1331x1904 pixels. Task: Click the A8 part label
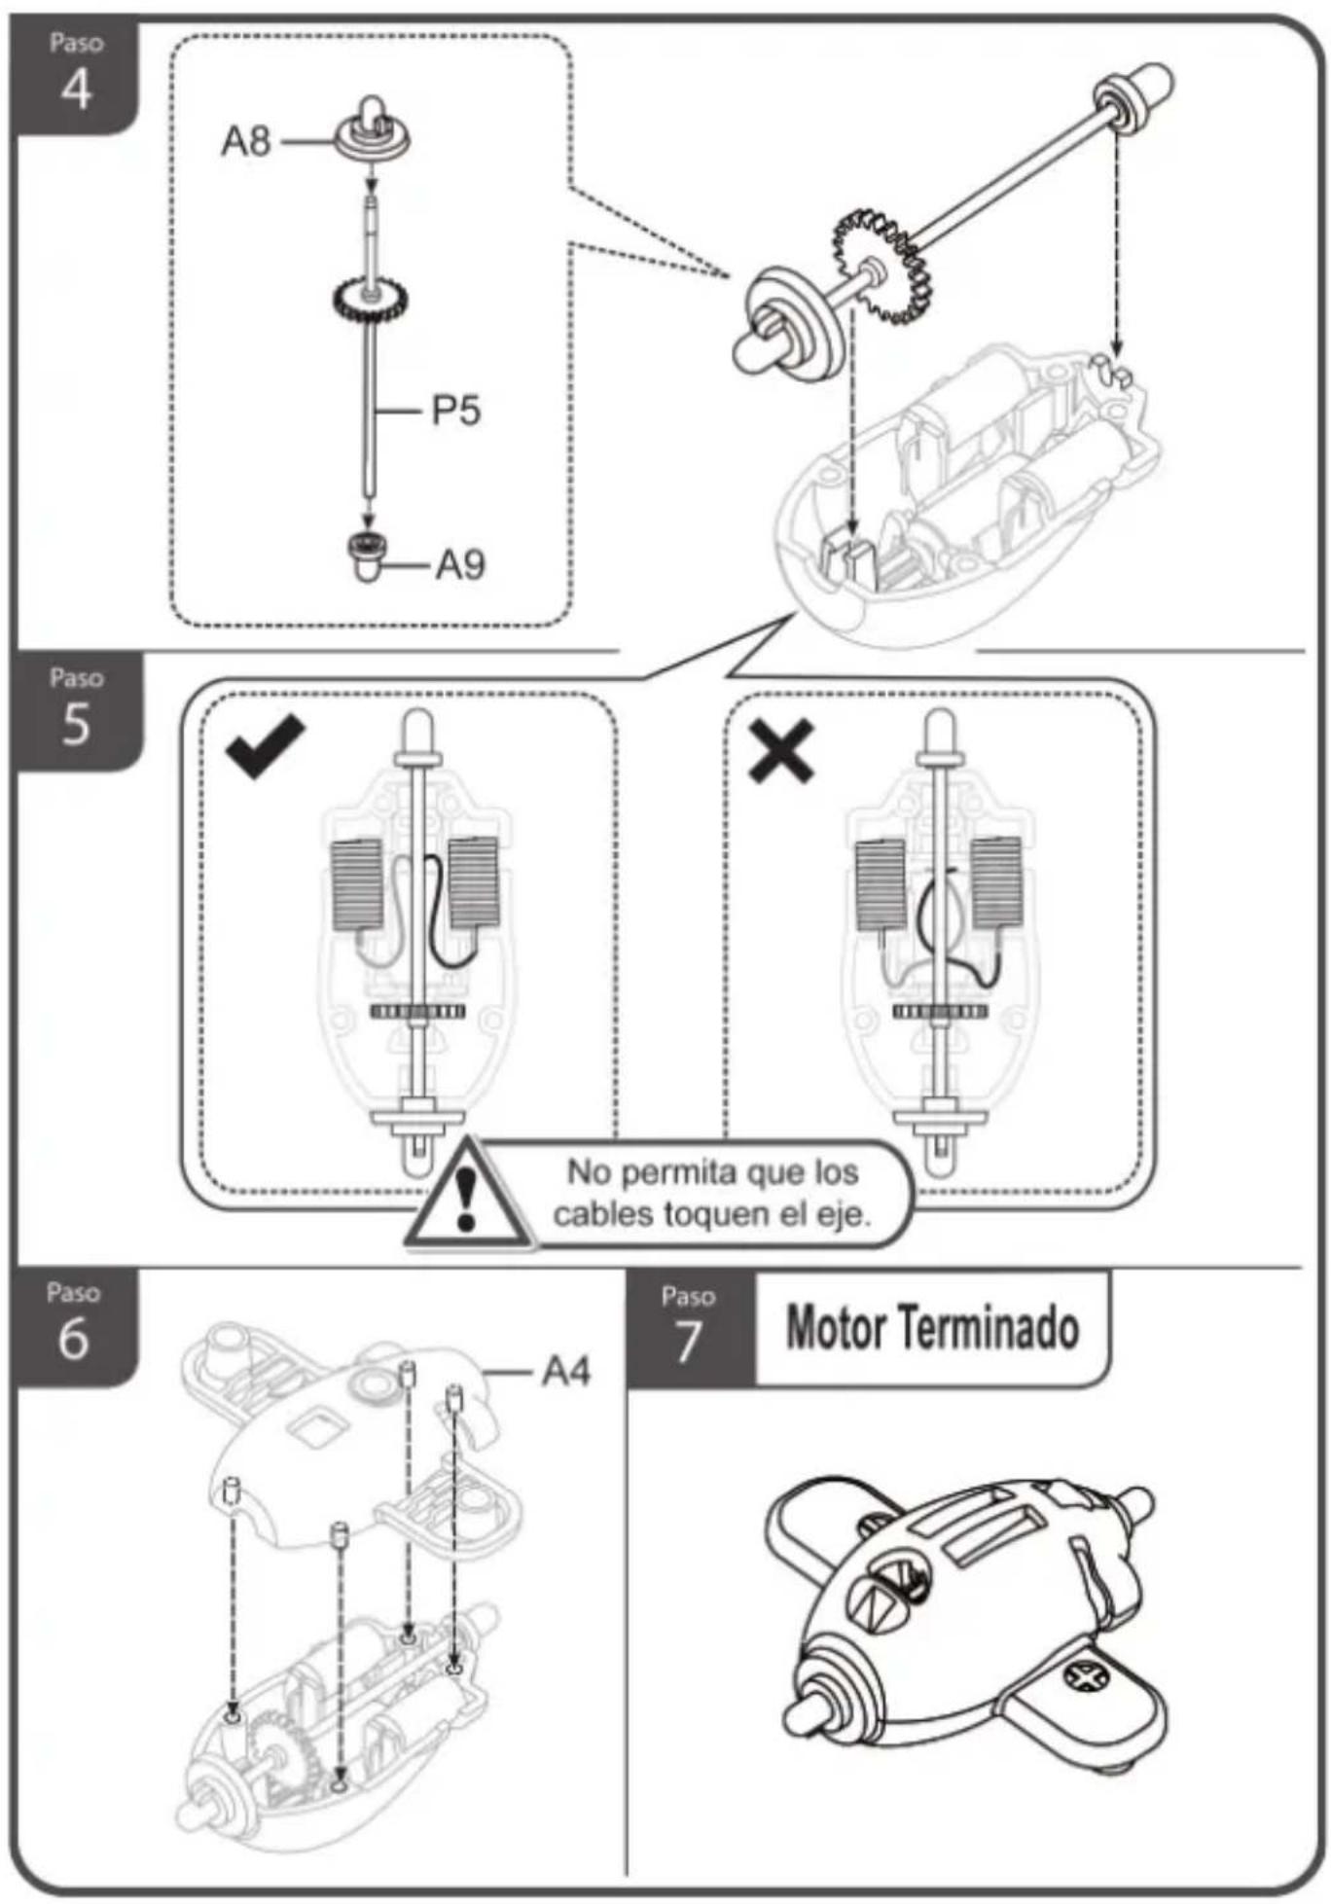245,141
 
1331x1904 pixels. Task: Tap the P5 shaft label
456,411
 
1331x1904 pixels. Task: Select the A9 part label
460,564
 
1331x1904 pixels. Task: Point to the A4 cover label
566,1372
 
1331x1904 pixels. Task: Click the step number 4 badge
75,76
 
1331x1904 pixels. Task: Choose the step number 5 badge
77,711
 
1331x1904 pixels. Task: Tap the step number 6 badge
75,1325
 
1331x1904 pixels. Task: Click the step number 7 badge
690,1328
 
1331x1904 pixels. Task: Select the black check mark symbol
265,746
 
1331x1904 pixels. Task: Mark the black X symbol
780,751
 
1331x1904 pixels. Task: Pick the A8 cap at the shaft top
373,130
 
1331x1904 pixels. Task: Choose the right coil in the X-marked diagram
996,882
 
